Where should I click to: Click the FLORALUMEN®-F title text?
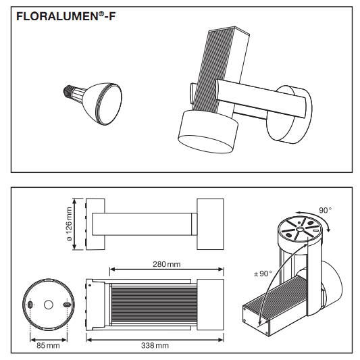coord(66,17)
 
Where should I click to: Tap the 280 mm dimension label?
coord(167,264)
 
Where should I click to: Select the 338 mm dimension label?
coord(155,345)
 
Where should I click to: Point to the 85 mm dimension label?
coord(48,345)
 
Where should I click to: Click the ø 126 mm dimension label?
coord(69,224)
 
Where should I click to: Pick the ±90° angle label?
coord(263,274)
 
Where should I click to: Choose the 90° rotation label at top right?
coord(326,210)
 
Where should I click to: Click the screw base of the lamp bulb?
coord(68,91)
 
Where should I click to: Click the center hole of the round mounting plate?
coord(49,305)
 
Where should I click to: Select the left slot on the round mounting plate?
coord(30,305)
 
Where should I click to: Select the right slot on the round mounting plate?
coord(67,305)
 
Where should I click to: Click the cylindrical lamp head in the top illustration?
coord(208,131)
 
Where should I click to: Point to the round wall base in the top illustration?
coord(289,114)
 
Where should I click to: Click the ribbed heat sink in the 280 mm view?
coord(154,305)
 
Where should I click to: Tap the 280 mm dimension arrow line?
coord(167,269)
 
